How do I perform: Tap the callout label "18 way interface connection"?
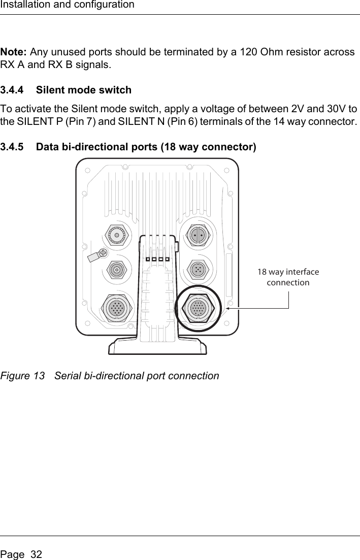[x=288, y=277]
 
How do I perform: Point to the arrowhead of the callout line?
[x=228, y=308]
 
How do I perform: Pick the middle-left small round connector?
[x=117, y=270]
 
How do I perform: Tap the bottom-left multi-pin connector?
[x=117, y=308]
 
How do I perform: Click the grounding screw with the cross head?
[x=104, y=252]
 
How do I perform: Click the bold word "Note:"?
[x=14, y=52]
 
